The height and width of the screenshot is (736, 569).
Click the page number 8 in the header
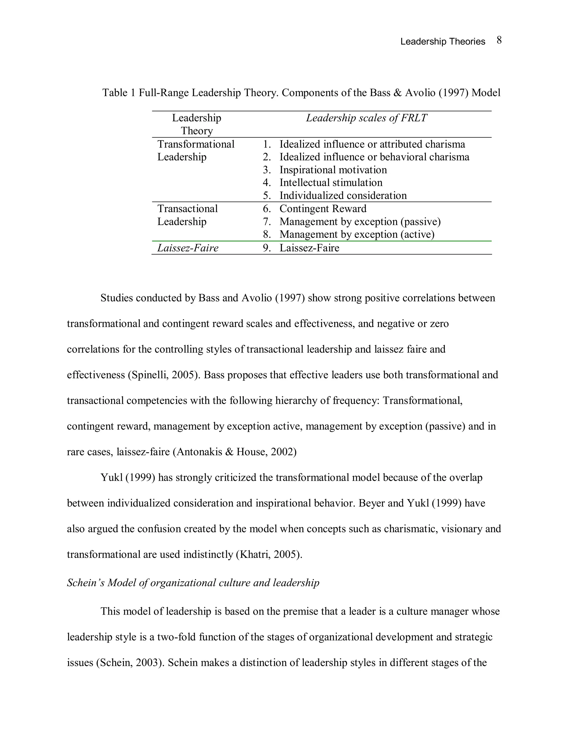click(x=499, y=41)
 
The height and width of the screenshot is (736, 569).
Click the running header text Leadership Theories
click(x=442, y=41)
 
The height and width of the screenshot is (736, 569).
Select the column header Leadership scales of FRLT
click(x=366, y=118)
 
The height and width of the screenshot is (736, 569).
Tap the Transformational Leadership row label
click(x=196, y=150)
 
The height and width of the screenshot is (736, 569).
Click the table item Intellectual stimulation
click(x=331, y=183)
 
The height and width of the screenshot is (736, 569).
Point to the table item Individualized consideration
click(x=343, y=196)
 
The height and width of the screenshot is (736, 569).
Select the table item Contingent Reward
click(x=323, y=209)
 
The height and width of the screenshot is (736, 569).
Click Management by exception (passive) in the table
click(x=360, y=222)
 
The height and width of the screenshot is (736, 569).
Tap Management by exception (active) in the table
click(x=357, y=234)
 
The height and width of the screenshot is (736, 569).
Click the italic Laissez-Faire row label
click(x=188, y=248)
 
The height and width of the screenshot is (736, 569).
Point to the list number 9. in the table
click(x=267, y=248)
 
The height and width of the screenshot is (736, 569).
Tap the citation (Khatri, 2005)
click(x=269, y=554)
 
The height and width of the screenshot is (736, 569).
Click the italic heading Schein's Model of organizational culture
click(x=193, y=583)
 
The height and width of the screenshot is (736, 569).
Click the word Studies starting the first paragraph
click(x=117, y=298)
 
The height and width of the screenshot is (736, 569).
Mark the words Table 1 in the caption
click(x=119, y=93)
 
